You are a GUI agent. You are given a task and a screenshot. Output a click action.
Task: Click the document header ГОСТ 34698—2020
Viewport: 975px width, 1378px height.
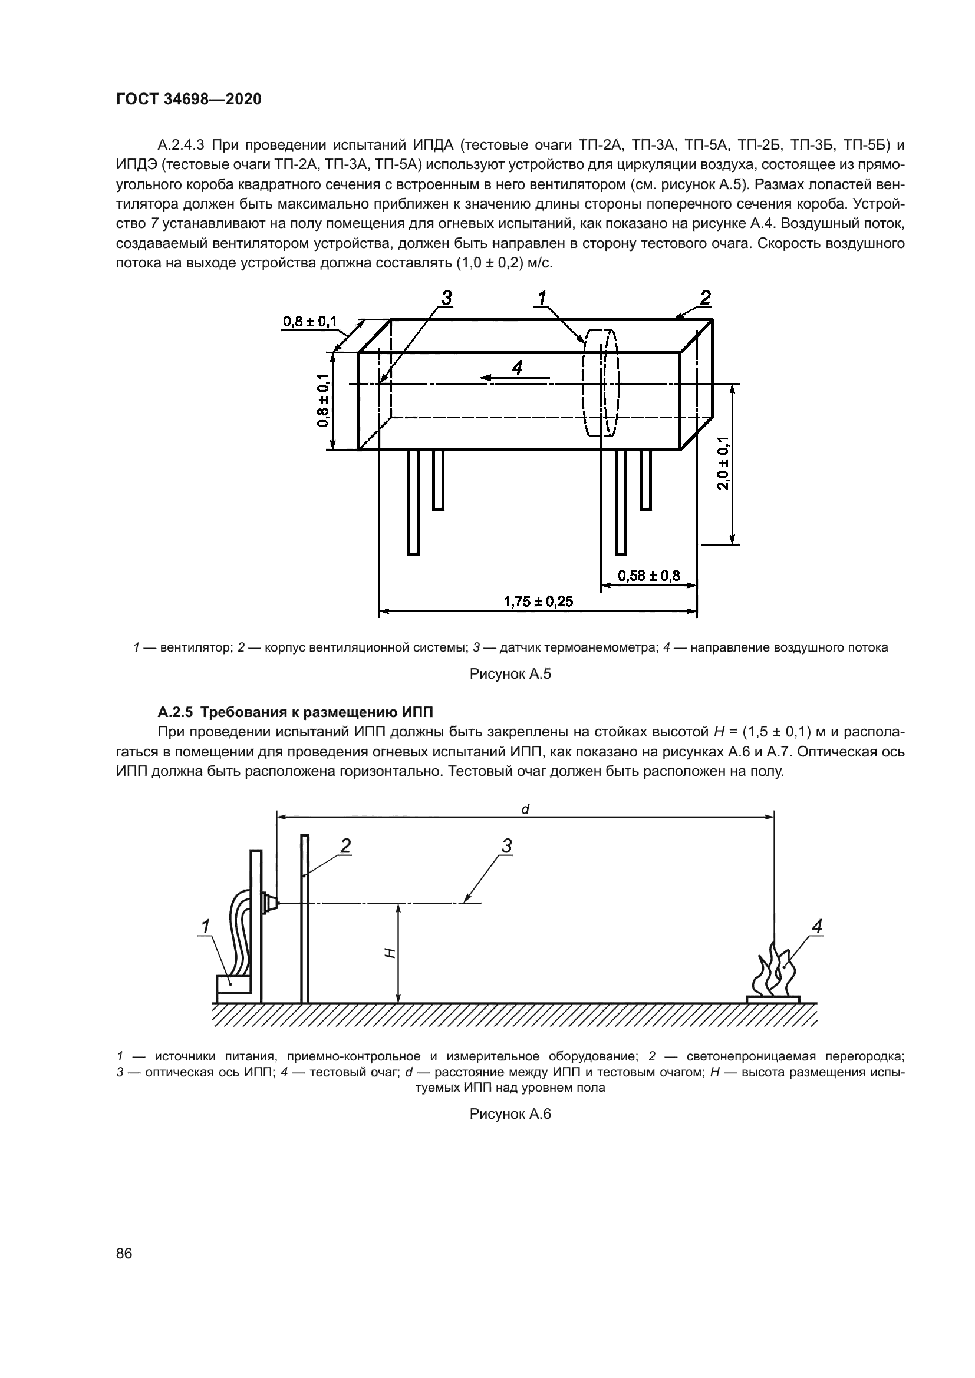pos(189,99)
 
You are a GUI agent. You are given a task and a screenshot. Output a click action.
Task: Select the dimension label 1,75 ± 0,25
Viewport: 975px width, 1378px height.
pos(538,601)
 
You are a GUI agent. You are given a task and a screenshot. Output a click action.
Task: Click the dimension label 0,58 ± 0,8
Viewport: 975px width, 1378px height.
pos(649,576)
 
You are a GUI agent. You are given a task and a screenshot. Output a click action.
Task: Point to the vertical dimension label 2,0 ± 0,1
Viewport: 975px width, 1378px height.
pos(723,462)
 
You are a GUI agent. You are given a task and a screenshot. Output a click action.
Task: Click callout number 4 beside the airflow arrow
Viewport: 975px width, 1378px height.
pos(517,367)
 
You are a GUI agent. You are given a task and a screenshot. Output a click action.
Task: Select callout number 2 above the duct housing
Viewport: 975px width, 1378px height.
pos(705,298)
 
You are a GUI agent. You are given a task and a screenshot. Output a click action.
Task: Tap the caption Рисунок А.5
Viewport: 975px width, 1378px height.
pos(510,674)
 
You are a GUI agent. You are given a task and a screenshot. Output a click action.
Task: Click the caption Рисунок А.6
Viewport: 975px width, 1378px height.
pos(510,1114)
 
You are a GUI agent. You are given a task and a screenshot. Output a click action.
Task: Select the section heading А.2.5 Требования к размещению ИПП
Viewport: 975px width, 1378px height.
pos(295,712)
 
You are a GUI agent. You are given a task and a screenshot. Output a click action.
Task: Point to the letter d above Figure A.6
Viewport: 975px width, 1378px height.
pos(525,809)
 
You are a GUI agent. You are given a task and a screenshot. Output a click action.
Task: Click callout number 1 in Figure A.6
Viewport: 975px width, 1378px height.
pos(205,927)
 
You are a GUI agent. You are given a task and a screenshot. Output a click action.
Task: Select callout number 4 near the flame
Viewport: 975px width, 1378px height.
pos(816,927)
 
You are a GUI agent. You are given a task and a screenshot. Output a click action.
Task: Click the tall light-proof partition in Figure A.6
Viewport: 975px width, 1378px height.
pos(305,918)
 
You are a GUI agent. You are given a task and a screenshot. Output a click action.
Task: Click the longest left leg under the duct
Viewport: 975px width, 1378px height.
pos(413,502)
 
